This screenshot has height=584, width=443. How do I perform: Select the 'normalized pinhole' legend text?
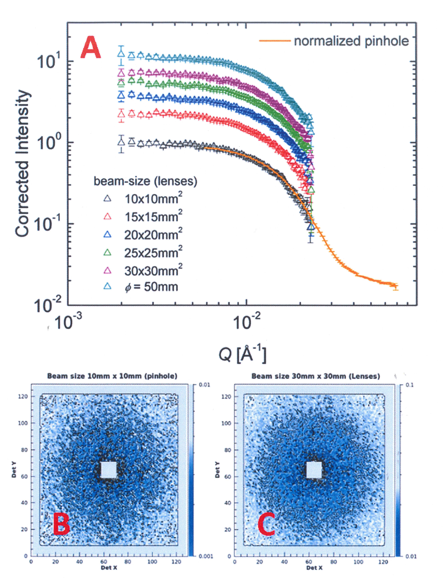click(x=351, y=41)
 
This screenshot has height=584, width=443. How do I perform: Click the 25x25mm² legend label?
click(x=153, y=253)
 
